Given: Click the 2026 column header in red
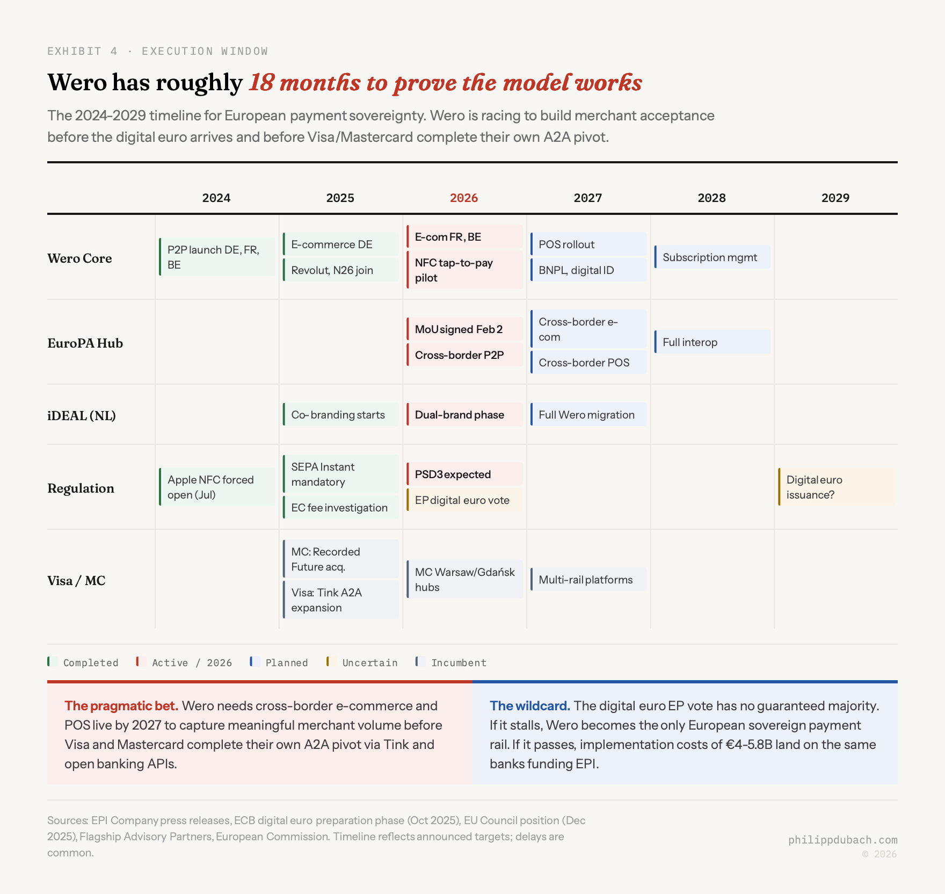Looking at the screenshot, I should coord(464,198).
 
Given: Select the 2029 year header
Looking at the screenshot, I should coord(835,198).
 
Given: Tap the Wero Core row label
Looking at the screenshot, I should coord(79,258).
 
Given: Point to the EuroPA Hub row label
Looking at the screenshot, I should coord(85,343).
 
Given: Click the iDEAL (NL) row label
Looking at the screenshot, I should coord(82,416).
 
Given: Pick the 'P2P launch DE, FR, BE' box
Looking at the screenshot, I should coord(217,257).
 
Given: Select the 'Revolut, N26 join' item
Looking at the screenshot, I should coord(340,270).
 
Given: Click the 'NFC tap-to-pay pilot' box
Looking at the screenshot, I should coord(464,270).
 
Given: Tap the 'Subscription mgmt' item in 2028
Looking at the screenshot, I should coord(712,257).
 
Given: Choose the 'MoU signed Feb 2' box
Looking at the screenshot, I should coord(464,329).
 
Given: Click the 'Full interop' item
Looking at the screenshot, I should coord(712,342).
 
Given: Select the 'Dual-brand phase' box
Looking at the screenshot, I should coord(464,415).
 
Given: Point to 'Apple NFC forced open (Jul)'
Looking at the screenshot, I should coord(217,487).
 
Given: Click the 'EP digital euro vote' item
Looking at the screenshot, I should coord(464,500).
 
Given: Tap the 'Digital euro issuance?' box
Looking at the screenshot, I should coord(835,487).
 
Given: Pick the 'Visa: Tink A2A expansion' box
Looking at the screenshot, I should coord(340,600).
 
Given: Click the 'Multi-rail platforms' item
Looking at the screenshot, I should coord(588,580).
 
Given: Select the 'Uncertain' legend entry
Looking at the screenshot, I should coord(369,662).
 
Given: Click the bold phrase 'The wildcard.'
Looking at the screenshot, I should coord(529,706).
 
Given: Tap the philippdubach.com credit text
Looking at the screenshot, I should coord(842,840).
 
